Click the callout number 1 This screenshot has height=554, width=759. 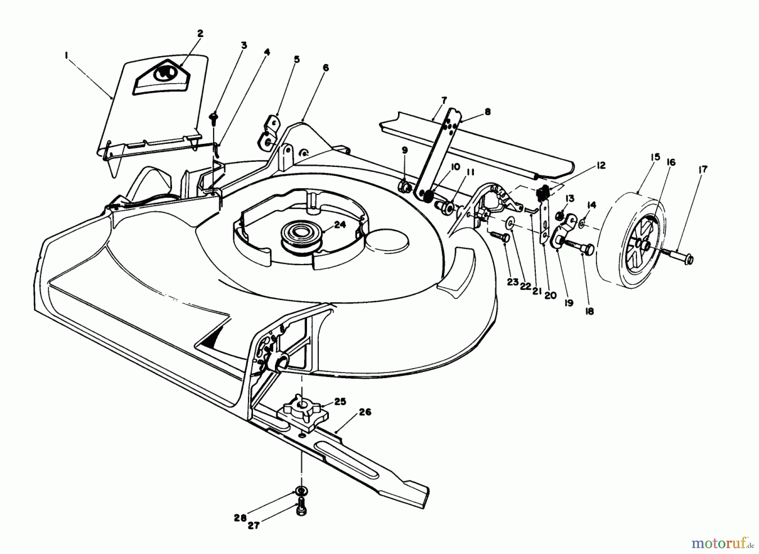[66, 54]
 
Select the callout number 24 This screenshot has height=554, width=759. [340, 225]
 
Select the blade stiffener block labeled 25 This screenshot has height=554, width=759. [303, 414]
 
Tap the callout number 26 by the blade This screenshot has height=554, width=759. [365, 412]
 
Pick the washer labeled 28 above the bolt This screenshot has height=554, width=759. [300, 491]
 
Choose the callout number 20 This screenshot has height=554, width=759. [550, 296]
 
